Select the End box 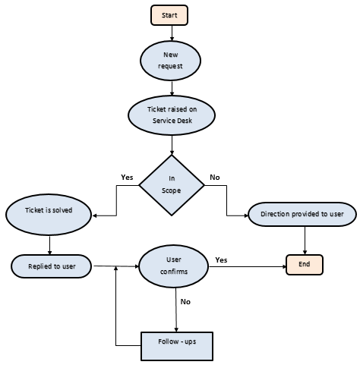pos(305,264)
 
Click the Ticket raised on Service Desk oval pos(172,115)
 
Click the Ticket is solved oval pos(49,209)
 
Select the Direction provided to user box pos(302,214)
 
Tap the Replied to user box pos(51,266)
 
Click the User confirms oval pos(173,266)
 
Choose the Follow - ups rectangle pos(176,344)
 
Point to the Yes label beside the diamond pos(127,178)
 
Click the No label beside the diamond pos(215,178)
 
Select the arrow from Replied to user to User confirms pos(114,266)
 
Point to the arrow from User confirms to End pos(243,266)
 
